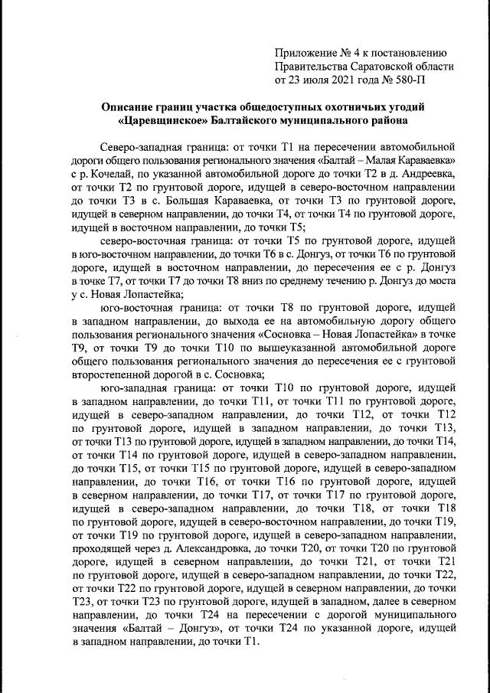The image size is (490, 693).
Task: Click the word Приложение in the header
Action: (x=305, y=53)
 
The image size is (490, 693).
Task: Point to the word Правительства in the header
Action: (x=311, y=66)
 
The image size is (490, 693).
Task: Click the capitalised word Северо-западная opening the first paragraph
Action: (x=145, y=146)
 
